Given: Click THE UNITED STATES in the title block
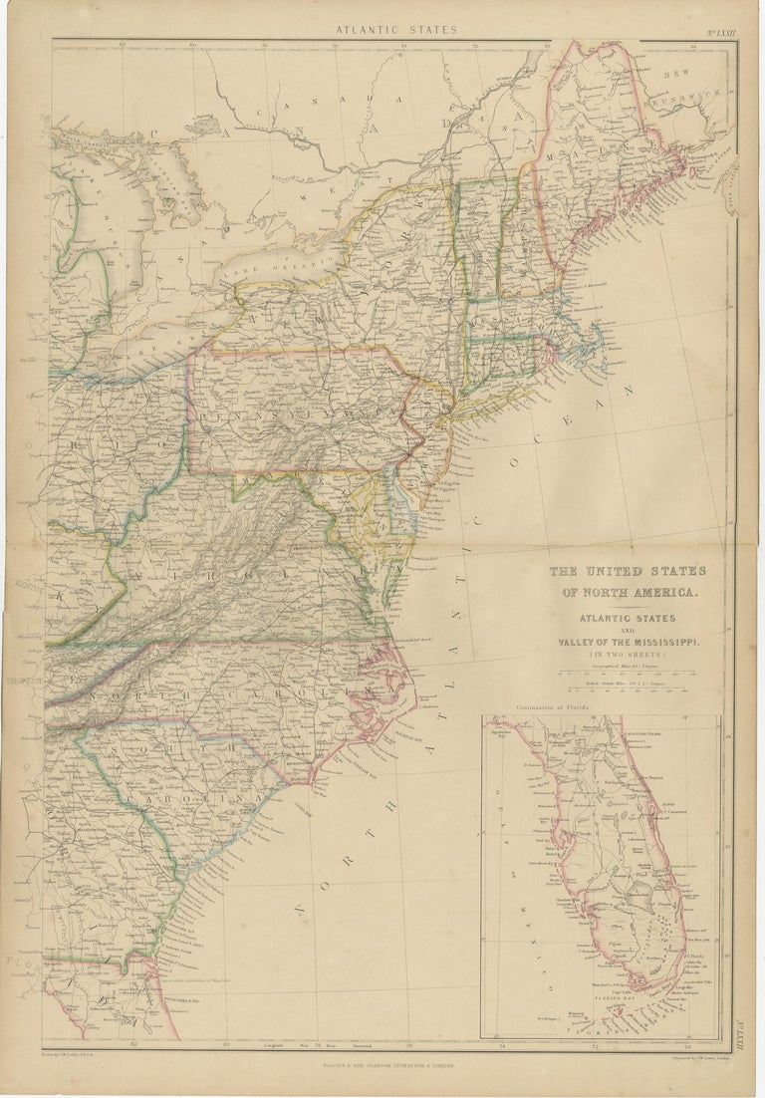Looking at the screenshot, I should tap(629, 571).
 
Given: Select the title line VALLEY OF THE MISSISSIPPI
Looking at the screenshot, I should tap(630, 644).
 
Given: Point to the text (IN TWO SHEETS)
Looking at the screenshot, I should tap(630, 658).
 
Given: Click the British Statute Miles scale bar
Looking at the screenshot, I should tap(630, 693).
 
